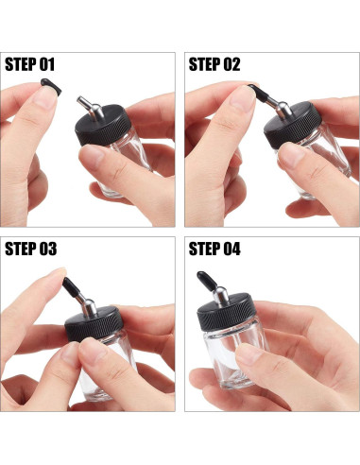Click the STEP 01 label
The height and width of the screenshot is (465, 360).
[30, 64]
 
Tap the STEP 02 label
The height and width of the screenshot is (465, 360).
[214, 64]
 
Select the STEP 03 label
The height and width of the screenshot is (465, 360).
[31, 249]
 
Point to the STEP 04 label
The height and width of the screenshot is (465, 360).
[214, 249]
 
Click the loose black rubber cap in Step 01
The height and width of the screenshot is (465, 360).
[51, 86]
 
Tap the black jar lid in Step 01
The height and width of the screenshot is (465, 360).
[103, 126]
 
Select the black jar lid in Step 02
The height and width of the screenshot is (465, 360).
[292, 125]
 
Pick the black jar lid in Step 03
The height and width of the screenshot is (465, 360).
[94, 323]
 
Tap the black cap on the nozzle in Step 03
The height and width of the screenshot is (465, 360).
[71, 286]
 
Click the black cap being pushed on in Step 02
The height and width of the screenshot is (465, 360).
[259, 93]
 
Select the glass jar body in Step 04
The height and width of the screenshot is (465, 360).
[235, 357]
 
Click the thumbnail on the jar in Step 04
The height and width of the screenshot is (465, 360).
[249, 353]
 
